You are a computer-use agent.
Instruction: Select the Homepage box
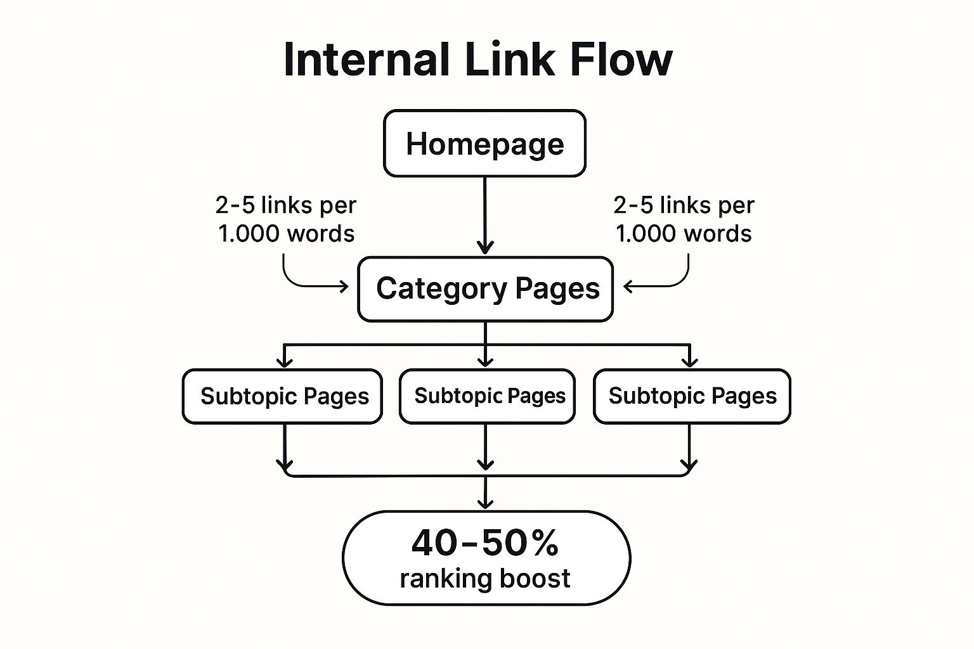(484, 144)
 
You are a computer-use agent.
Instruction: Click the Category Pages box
(485, 289)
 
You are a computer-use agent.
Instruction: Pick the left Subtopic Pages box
(283, 396)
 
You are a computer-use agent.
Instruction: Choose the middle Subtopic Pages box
(487, 396)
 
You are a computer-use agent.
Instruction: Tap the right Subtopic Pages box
(692, 396)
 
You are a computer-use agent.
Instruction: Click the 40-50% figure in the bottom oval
(484, 543)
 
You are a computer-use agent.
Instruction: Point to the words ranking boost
(484, 579)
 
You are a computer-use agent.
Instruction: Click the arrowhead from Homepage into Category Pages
(485, 247)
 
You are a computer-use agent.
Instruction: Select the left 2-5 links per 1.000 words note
(286, 219)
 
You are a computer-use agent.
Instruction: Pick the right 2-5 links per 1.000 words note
(684, 219)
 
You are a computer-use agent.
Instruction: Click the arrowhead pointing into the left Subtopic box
(285, 361)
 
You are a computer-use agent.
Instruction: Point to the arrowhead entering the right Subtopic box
(689, 361)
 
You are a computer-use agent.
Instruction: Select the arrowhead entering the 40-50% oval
(485, 503)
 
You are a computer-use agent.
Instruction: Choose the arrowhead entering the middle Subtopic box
(485, 361)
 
